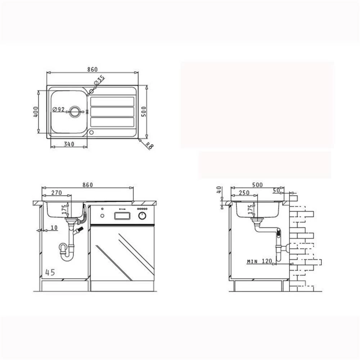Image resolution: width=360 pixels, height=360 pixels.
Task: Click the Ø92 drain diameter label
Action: [59, 109]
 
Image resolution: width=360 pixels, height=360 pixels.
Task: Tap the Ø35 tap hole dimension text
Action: [99, 80]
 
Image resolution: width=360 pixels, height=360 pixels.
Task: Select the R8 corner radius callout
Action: [149, 145]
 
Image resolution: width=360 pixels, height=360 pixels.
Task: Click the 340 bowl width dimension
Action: [69, 144]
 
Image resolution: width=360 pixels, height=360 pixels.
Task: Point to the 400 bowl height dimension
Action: [36, 112]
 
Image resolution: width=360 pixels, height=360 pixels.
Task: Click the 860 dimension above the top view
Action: [92, 69]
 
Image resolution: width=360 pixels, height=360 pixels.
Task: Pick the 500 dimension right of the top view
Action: [144, 111]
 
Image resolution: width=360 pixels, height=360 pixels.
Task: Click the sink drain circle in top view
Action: [75, 112]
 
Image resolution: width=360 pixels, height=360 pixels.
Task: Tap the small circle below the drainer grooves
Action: [91, 132]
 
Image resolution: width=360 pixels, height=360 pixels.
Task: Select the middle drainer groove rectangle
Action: [112, 112]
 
